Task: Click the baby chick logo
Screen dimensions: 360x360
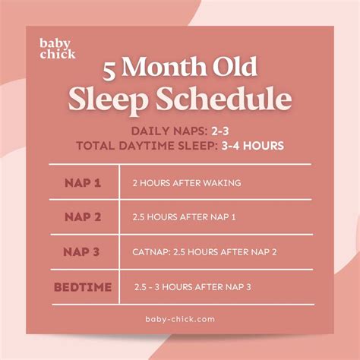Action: coord(58,48)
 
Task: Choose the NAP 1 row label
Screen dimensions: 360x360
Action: coord(83,183)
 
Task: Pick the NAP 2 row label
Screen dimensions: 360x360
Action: coord(83,217)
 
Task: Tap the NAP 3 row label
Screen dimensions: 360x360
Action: coord(83,252)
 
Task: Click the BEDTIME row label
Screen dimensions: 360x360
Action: coord(83,287)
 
